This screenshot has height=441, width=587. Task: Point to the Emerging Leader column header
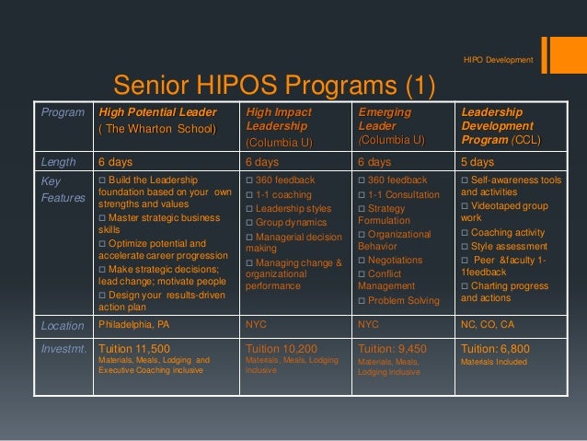(391, 125)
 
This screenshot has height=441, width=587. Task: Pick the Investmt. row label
(64, 349)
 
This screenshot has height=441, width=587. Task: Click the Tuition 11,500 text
(134, 349)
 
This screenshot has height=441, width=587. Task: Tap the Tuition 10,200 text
(282, 349)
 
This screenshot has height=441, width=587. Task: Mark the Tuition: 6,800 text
(499, 349)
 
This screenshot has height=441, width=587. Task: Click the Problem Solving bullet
(401, 302)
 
